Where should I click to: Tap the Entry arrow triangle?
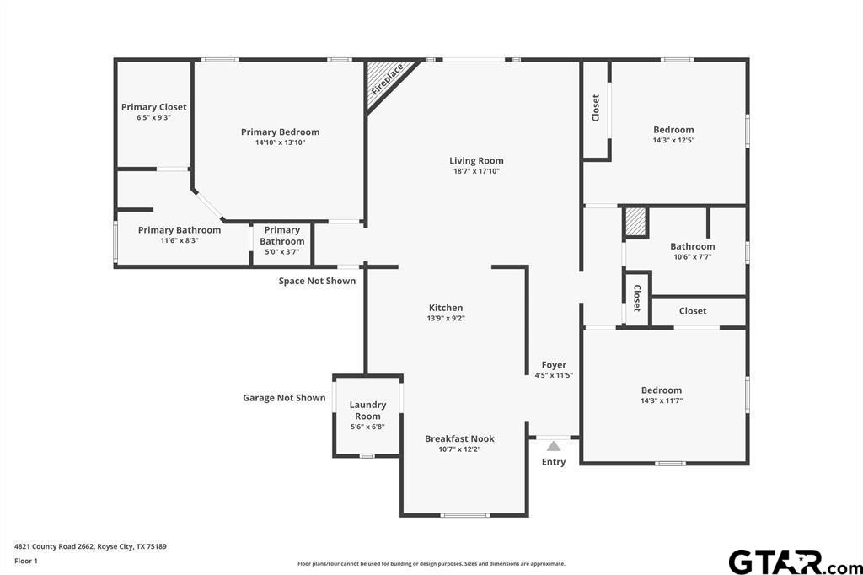click(554, 446)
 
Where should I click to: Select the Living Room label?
click(476, 161)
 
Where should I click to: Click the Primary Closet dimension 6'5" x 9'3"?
click(154, 117)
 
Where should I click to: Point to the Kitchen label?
click(446, 308)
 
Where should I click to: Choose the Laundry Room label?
click(367, 411)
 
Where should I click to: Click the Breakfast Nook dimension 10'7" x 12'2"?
click(459, 449)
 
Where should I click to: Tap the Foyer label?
click(554, 364)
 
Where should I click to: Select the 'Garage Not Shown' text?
click(284, 398)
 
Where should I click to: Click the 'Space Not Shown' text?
click(317, 281)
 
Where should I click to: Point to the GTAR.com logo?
click(796, 562)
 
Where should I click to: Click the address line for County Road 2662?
click(90, 547)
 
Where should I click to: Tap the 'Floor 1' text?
click(26, 562)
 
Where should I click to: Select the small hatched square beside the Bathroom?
click(635, 222)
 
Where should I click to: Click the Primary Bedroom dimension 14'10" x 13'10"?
click(280, 142)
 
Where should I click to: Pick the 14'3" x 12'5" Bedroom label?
click(673, 134)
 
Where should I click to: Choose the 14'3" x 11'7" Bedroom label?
click(662, 395)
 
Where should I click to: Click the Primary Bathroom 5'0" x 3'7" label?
click(281, 240)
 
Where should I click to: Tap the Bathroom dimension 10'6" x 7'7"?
click(693, 256)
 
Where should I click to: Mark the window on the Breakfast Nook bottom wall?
click(464, 515)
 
